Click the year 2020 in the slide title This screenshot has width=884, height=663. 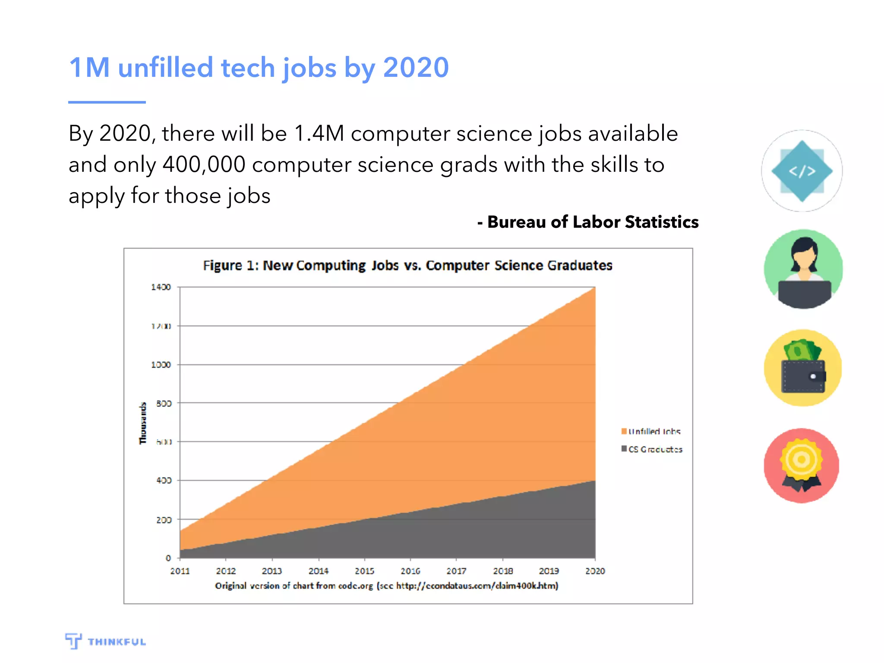pos(416,68)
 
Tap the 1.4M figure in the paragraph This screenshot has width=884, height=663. pos(319,133)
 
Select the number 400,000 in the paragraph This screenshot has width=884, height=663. pos(204,165)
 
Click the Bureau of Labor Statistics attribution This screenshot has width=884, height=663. pos(588,222)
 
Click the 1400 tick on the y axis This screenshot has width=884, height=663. pos(161,287)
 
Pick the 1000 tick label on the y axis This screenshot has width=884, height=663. pos(161,365)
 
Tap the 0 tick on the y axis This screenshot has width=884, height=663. pos(168,558)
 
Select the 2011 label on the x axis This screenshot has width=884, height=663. pos(180,571)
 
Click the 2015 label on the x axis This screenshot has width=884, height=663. pos(364,571)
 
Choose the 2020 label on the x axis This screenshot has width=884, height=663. pos(595,571)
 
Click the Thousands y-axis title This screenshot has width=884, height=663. pos(143,423)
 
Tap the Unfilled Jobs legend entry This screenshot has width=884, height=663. pos(651,431)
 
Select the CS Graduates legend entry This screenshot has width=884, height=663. pos(652,449)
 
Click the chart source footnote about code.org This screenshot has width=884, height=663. pos(386,586)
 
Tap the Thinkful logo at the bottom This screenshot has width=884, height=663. pos(106,641)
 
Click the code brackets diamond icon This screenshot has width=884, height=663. pos(802,171)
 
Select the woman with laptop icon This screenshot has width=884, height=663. pos(803,269)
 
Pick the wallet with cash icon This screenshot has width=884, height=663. pos(803,368)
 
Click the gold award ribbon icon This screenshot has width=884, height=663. pos(802,465)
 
